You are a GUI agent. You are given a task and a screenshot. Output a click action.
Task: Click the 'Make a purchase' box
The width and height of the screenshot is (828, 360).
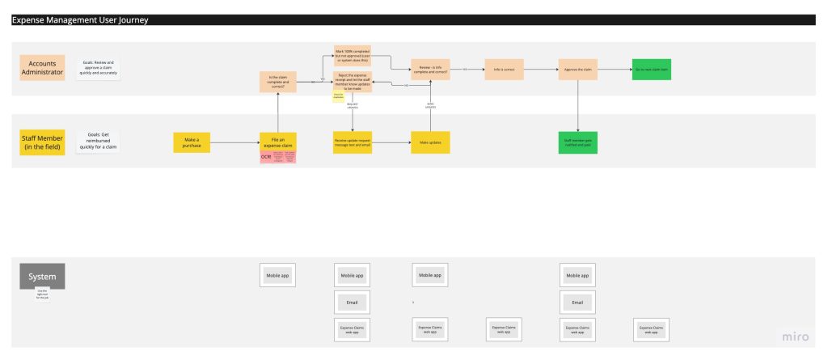pos(192,142)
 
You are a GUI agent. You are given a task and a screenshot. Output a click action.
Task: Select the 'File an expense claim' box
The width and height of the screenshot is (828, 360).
pos(277,142)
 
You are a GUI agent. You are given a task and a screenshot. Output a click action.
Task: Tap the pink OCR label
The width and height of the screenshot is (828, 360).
pos(266,157)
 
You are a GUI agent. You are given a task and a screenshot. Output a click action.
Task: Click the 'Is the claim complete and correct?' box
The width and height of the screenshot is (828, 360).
pos(277,82)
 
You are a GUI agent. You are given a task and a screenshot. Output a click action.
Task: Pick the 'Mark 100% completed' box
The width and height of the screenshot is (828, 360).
pos(353,56)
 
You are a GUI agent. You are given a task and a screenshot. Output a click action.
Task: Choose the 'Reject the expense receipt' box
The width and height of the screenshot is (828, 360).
pos(353,82)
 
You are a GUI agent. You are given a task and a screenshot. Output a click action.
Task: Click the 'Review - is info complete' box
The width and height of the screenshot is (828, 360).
pos(429,70)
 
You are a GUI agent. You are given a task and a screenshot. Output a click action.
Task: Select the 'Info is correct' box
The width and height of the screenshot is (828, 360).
pos(505,70)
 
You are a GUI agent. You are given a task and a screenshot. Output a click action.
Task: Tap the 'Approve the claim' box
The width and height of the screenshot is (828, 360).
pos(578,70)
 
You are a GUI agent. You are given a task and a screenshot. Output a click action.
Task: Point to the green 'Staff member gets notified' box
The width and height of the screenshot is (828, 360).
pos(578,142)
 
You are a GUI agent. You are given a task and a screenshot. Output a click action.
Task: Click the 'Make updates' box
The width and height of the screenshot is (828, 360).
pos(429,142)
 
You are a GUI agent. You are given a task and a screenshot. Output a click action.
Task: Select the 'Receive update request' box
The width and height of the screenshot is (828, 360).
pos(353,142)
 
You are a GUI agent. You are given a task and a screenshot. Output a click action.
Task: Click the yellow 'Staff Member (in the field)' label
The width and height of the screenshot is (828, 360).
pos(42,142)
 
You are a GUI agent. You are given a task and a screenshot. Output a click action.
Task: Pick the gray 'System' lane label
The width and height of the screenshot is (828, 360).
pos(42,276)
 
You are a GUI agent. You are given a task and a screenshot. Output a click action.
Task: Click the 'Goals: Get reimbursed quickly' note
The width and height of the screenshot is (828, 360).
pos(99,141)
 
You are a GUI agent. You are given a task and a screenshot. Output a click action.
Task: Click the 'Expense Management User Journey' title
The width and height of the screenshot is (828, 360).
pos(80,20)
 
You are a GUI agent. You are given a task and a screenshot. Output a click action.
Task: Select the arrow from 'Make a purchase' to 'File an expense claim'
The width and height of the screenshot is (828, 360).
pos(234,143)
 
